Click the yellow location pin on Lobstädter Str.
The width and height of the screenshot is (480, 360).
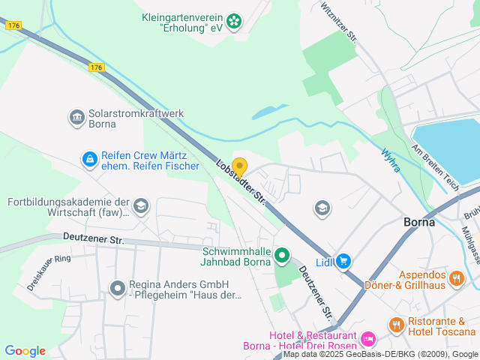(x=239, y=167)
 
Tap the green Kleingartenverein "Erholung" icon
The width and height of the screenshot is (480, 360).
(x=235, y=21)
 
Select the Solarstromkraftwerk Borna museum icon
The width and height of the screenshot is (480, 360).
(x=76, y=117)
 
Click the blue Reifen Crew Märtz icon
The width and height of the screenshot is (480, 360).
(x=89, y=159)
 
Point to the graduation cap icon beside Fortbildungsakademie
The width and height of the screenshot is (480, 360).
(x=140, y=205)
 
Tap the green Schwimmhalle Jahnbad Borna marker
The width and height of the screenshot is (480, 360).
(x=282, y=256)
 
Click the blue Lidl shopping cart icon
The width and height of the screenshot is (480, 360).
(x=343, y=260)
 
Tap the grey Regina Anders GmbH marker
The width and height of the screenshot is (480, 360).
(x=117, y=287)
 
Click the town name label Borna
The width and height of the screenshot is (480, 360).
(x=420, y=223)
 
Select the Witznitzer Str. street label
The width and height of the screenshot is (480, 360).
(x=337, y=22)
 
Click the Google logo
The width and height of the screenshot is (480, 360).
(x=25, y=350)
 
